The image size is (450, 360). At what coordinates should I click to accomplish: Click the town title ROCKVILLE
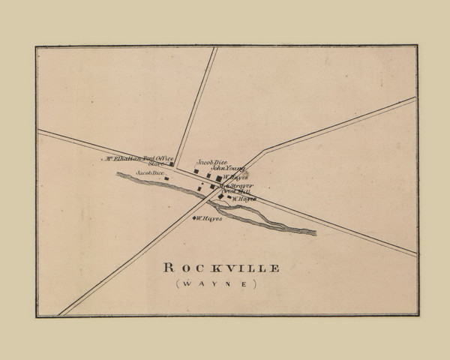[x=212, y=268]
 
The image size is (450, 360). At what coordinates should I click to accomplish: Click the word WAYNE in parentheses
[x=213, y=284]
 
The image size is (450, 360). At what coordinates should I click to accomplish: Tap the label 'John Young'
[x=227, y=169]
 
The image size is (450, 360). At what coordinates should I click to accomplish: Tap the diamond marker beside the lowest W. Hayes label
[x=195, y=218]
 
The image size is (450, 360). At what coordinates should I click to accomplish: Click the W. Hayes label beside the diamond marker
[x=211, y=218]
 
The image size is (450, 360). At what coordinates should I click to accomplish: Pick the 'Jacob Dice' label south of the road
[x=149, y=173]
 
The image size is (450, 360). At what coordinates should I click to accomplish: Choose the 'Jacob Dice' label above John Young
[x=211, y=162]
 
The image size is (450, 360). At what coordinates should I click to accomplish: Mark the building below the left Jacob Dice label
[x=166, y=178]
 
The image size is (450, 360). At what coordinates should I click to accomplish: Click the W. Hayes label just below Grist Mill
[x=244, y=199]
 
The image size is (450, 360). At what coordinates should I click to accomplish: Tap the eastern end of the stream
[x=314, y=232]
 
